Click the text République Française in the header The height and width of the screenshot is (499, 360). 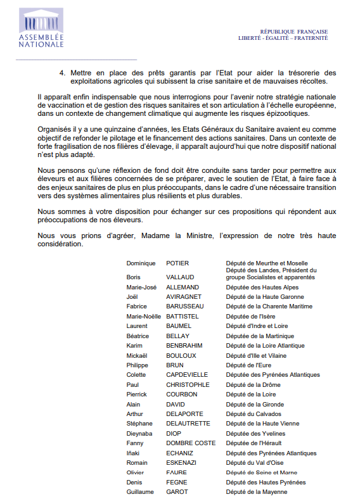point(294,31)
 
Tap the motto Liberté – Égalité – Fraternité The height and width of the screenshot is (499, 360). point(283,38)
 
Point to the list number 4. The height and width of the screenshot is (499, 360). point(62,73)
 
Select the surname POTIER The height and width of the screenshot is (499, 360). point(177,263)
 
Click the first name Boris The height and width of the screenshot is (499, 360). point(133,277)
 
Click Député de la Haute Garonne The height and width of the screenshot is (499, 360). point(260,297)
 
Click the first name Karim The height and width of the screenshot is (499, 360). point(134,346)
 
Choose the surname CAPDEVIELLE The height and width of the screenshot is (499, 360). point(187,375)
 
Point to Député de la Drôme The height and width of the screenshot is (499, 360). point(253,385)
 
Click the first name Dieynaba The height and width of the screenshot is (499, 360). point(139,434)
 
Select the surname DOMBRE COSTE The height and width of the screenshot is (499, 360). point(191,443)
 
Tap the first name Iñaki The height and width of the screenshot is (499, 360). point(134,453)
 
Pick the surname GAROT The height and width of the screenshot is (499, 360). point(177,492)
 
